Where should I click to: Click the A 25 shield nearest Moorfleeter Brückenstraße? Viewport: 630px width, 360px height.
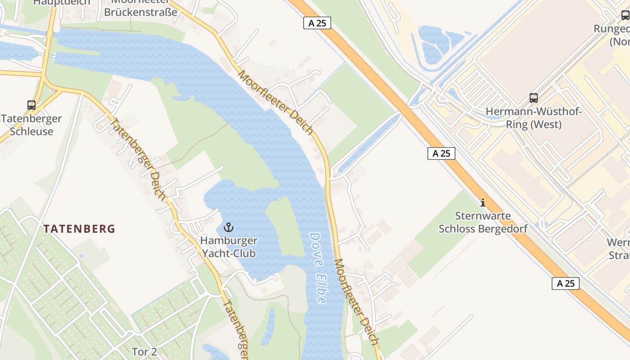point(317,23)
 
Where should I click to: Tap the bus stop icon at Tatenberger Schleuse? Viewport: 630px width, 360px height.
point(31,105)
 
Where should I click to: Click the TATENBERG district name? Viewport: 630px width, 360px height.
point(79,229)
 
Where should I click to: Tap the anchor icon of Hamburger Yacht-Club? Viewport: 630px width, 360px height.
point(229,227)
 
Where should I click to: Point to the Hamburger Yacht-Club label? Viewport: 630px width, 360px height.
point(229,247)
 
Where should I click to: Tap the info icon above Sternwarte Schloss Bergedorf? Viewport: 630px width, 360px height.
point(483,202)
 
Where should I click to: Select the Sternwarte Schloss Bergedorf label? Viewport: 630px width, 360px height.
point(483,222)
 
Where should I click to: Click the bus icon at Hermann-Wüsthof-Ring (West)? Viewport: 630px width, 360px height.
point(534,98)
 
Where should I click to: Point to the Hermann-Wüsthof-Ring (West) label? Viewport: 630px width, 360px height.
point(534,118)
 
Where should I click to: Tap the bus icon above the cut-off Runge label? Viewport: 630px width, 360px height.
point(625,15)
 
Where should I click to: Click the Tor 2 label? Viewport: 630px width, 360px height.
point(144,351)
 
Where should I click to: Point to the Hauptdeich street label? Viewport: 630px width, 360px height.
point(62,2)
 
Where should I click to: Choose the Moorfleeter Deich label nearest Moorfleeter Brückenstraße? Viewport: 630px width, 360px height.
point(275,102)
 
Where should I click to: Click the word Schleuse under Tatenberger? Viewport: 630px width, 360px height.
point(31,132)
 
